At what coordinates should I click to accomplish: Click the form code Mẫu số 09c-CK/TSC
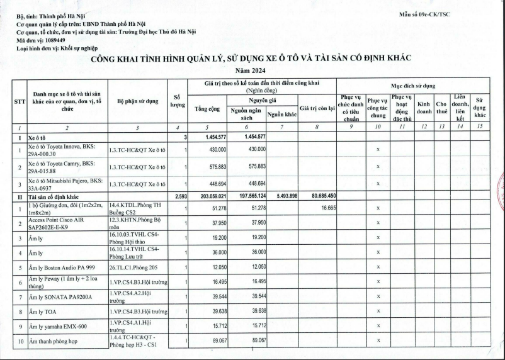click(x=425, y=13)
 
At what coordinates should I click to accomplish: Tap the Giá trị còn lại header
click(x=317, y=109)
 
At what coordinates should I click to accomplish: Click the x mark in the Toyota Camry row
click(x=377, y=166)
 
